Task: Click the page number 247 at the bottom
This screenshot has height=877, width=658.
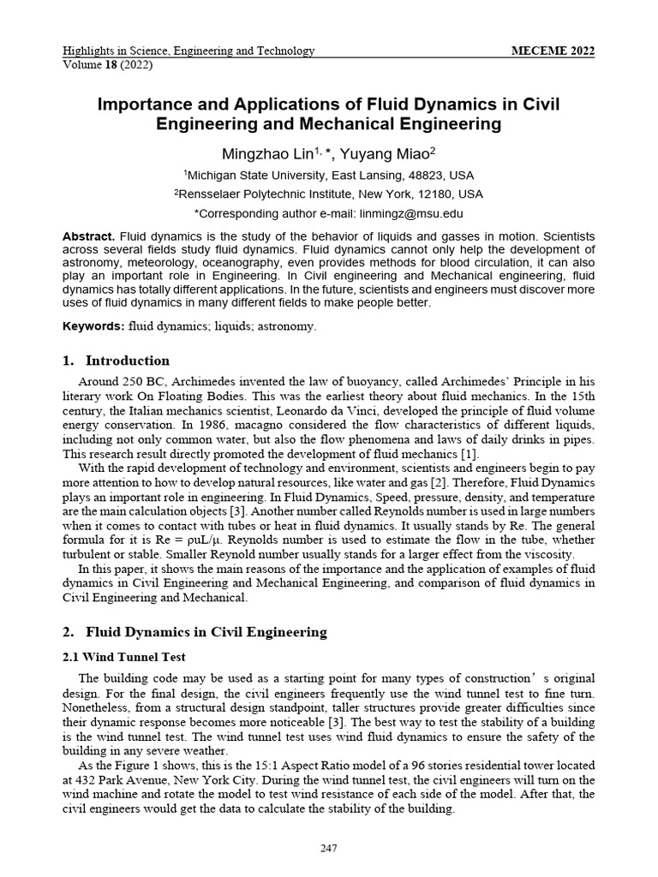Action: point(328,849)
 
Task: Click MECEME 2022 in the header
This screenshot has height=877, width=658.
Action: point(553,51)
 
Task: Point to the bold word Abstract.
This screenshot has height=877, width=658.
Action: point(88,236)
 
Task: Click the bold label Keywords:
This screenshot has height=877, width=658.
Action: point(93,326)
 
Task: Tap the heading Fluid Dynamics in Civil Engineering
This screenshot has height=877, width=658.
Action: point(206,632)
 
